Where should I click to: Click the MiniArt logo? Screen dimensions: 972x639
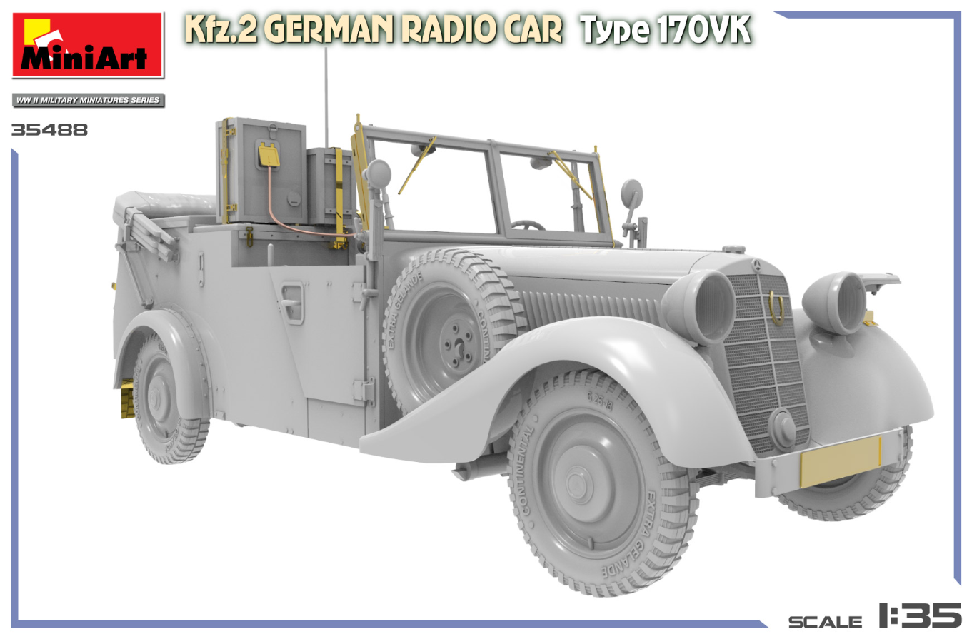click(88, 45)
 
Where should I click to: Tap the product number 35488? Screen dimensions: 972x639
click(49, 130)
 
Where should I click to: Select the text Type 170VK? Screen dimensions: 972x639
click(666, 31)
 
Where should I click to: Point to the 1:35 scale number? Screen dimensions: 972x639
click(920, 615)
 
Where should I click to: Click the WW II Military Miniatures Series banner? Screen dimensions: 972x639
click(88, 100)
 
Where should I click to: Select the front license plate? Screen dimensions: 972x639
click(841, 461)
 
